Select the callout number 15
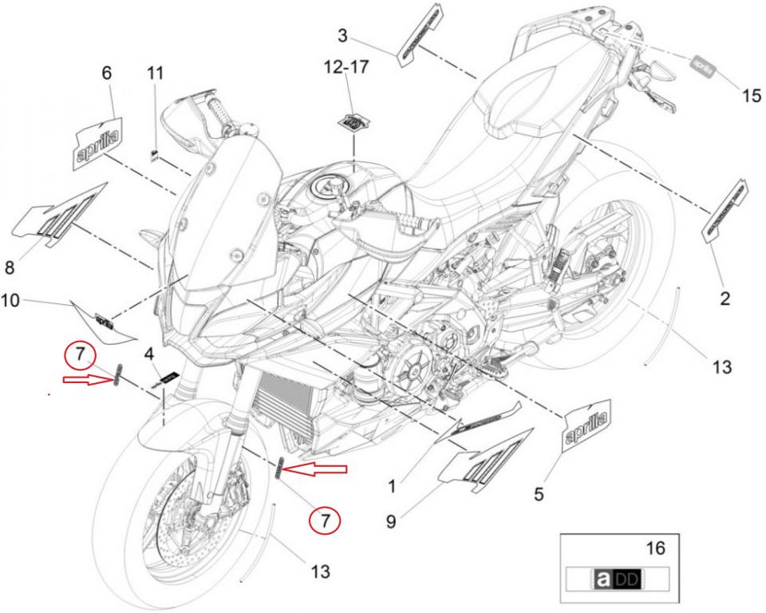point(752,96)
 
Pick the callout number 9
point(390,521)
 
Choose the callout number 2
point(725,299)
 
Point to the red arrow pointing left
point(316,469)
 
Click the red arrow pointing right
point(88,379)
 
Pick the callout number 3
point(342,36)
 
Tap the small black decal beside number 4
point(168,375)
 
